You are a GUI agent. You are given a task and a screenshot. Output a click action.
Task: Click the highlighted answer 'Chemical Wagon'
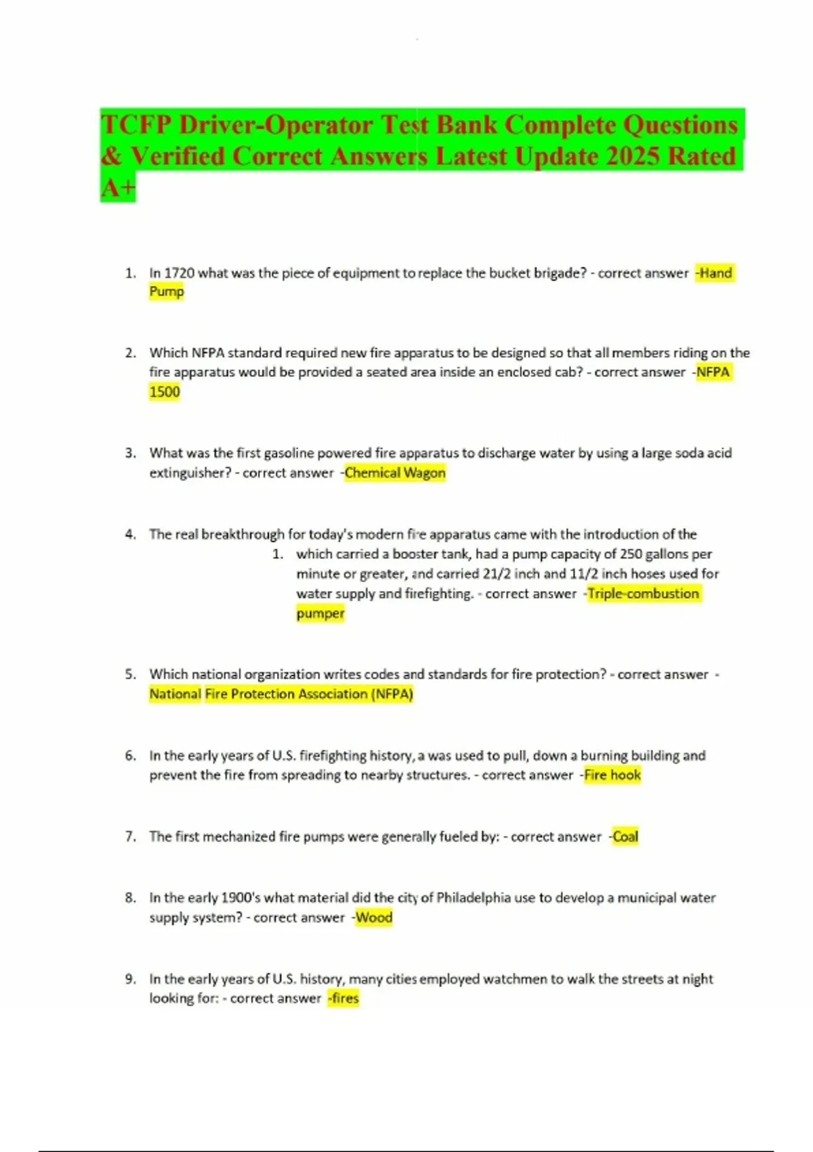[395, 473]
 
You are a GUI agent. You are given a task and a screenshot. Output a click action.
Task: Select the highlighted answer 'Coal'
[625, 837]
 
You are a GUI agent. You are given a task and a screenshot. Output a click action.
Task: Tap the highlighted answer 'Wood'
[374, 918]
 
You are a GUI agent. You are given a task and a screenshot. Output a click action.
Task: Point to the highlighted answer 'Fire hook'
[612, 775]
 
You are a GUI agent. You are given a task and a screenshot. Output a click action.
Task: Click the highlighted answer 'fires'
[344, 998]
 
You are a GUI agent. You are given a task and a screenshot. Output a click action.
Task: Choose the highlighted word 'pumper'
[320, 613]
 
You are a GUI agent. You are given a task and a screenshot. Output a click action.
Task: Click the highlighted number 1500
[165, 392]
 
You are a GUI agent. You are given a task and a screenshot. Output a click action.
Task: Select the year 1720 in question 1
[180, 273]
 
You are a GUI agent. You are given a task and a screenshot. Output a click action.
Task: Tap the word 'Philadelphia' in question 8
[474, 898]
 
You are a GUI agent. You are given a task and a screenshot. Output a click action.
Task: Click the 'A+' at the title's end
[118, 187]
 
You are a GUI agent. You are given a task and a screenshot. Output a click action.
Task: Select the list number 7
[131, 837]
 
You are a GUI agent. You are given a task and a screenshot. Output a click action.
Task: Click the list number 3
[131, 453]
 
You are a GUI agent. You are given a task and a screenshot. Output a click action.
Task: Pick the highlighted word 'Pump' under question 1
[167, 292]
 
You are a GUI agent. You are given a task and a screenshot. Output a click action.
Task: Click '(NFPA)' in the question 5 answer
[392, 694]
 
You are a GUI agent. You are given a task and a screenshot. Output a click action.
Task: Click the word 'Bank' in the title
[466, 125]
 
